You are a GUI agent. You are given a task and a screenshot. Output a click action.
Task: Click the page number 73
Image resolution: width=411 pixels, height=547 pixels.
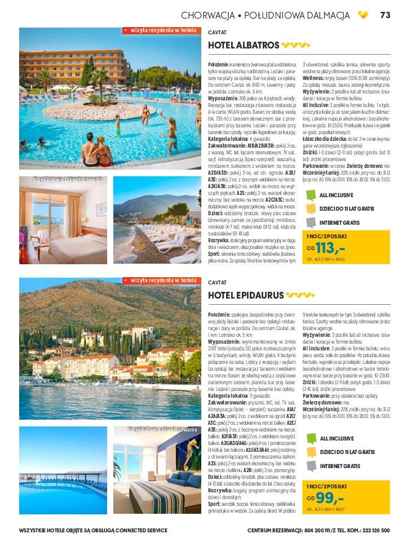click(386, 15)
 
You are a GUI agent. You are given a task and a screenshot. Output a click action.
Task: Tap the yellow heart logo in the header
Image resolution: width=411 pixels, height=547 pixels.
click(363, 15)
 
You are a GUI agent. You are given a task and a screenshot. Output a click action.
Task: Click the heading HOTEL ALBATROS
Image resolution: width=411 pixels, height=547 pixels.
click(244, 45)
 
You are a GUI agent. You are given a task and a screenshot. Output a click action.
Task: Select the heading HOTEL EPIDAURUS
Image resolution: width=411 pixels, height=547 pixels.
click(245, 295)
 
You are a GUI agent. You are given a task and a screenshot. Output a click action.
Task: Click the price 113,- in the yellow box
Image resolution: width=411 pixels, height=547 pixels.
click(330, 247)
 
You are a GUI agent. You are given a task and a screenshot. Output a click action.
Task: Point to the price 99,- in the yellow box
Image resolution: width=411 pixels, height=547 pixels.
click(330, 499)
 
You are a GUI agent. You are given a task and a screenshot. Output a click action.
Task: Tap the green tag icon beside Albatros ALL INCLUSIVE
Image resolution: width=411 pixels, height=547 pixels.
click(310, 195)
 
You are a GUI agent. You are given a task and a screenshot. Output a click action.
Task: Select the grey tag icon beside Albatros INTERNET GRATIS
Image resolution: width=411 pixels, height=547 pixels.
click(310, 221)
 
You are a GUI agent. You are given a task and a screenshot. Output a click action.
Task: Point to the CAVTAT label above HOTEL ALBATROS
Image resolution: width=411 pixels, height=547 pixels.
click(217, 32)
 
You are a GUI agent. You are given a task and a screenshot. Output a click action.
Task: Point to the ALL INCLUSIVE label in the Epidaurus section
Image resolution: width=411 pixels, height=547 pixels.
click(337, 438)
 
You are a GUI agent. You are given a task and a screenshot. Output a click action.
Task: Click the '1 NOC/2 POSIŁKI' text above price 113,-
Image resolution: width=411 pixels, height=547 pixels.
click(326, 235)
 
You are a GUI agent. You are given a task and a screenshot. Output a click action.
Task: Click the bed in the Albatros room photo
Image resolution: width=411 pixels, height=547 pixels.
click(54, 242)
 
